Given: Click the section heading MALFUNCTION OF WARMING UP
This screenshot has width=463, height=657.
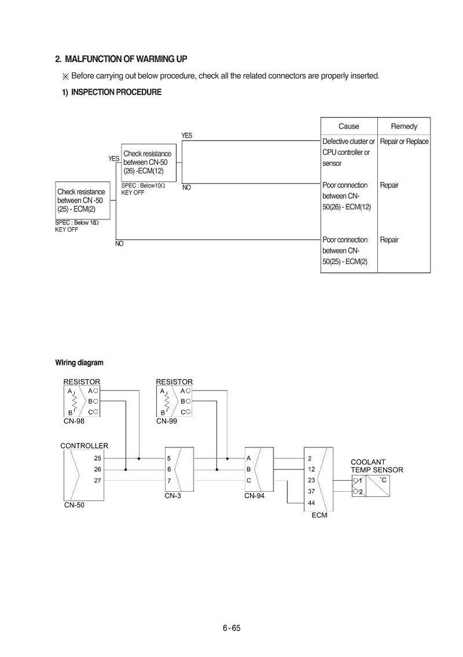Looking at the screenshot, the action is pyautogui.click(x=126, y=59).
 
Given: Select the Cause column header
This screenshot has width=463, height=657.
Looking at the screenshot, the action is pyautogui.click(x=349, y=126).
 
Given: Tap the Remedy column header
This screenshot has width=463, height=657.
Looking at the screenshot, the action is pyautogui.click(x=404, y=126).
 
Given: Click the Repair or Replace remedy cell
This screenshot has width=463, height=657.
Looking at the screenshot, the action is pyautogui.click(x=404, y=142).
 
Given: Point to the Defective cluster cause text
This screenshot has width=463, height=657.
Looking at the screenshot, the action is pyautogui.click(x=348, y=152).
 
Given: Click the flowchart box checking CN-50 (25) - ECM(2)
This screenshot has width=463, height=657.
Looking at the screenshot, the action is pyautogui.click(x=83, y=200).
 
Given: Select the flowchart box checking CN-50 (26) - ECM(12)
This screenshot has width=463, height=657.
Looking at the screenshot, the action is pyautogui.click(x=149, y=162).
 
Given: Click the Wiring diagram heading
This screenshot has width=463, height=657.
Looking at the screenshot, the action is pyautogui.click(x=79, y=363).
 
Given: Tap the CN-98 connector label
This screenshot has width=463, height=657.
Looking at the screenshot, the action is pyautogui.click(x=74, y=421).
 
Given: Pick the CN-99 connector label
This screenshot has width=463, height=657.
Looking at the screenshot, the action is pyautogui.click(x=166, y=421).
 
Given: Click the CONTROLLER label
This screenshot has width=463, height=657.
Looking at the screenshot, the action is pyautogui.click(x=84, y=446).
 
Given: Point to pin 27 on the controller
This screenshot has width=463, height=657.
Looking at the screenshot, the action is pyautogui.click(x=97, y=481).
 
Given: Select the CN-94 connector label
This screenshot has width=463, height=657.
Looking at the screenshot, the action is pyautogui.click(x=255, y=496).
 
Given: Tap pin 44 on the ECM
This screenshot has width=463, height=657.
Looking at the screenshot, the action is pyautogui.click(x=311, y=503).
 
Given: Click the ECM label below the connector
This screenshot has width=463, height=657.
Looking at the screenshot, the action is pyautogui.click(x=320, y=515).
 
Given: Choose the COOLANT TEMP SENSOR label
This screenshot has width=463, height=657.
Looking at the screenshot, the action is pyautogui.click(x=377, y=466).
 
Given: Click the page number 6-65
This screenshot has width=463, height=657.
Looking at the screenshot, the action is pyautogui.click(x=232, y=628).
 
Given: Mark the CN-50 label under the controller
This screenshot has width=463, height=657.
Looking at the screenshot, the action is pyautogui.click(x=74, y=505).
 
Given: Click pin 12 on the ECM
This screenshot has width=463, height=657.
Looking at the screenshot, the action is pyautogui.click(x=311, y=470).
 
